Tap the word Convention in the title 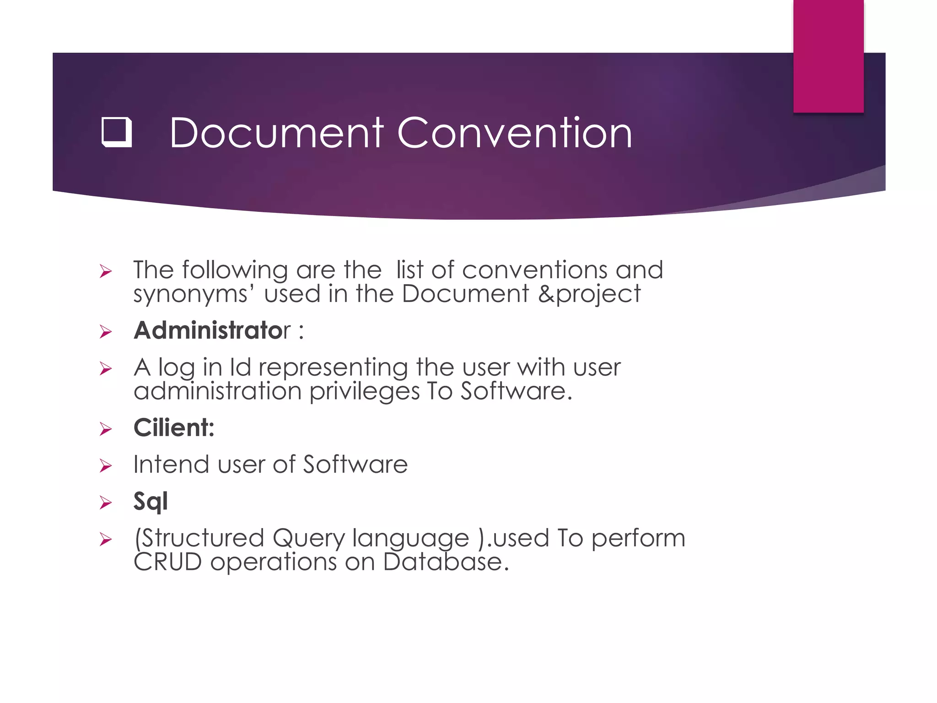[515, 133]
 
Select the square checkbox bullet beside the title [117, 132]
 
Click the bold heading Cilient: [174, 428]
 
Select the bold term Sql [151, 502]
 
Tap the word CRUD [168, 562]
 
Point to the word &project [589, 294]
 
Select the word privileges [364, 392]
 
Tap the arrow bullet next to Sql [106, 503]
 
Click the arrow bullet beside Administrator [106, 332]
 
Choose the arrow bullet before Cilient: [106, 429]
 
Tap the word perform [638, 538]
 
